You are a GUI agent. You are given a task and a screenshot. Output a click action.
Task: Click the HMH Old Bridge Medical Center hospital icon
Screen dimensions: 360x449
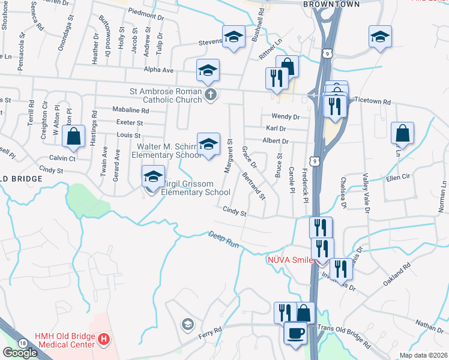point(104,340)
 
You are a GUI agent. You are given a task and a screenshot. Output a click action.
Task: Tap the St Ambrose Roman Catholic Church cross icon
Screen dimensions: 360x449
point(210,95)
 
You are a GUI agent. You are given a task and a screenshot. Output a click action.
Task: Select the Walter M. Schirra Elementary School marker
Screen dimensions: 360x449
point(208,145)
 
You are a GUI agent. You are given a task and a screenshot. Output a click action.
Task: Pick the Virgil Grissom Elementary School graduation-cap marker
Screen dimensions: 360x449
point(153,178)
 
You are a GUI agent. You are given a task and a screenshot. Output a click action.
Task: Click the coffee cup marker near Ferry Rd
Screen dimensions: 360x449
point(295,332)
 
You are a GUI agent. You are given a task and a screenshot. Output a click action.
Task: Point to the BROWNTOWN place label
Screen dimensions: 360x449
point(331,4)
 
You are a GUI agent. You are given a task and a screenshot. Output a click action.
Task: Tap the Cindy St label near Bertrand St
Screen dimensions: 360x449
point(235,211)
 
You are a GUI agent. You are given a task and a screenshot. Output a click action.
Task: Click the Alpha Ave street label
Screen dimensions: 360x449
point(158,70)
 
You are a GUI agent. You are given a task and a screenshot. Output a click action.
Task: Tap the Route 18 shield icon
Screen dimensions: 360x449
point(22,343)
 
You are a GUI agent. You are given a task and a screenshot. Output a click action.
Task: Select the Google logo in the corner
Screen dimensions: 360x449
point(20,352)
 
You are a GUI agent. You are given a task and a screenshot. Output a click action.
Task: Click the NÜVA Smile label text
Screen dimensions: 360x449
point(290,260)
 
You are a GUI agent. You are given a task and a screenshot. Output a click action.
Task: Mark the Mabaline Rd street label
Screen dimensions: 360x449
point(130,110)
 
